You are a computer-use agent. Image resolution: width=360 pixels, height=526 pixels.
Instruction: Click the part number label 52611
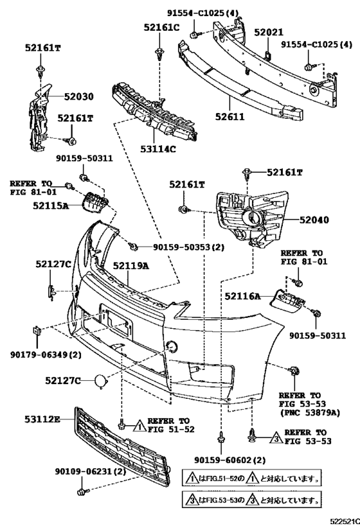230,117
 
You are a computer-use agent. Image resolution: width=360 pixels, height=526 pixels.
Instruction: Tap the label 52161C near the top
159,28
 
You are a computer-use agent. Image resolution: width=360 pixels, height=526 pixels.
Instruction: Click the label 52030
78,97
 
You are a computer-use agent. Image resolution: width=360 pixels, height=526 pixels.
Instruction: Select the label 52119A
131,265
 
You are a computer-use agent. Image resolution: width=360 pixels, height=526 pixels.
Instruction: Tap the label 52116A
242,296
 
